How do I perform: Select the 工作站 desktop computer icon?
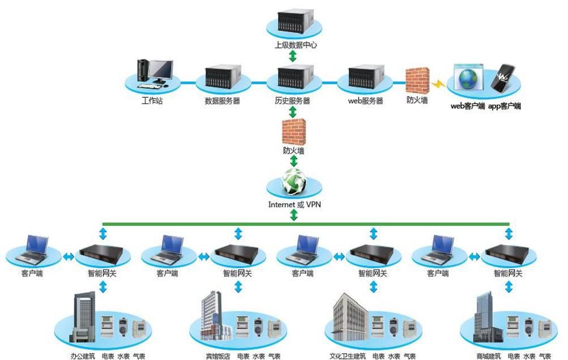pos(154,74)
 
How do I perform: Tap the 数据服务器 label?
pos(223,101)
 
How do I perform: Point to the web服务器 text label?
pos(365,101)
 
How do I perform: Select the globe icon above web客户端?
pos(468,79)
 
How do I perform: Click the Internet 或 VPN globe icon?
pos(293,182)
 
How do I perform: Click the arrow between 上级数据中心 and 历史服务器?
pos(293,55)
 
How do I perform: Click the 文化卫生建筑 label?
pos(348,357)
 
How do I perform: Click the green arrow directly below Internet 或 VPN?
pos(293,215)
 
